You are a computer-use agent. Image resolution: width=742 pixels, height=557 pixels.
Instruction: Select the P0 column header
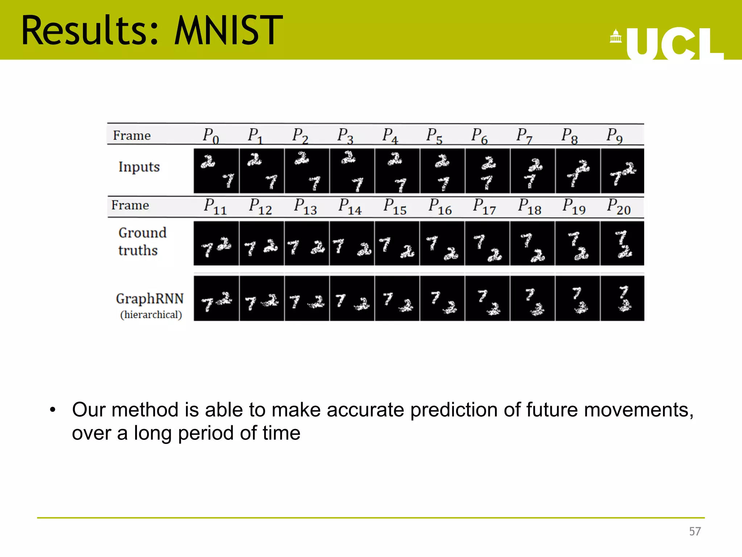pos(210,136)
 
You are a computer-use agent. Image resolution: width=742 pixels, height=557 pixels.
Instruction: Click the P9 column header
pos(614,136)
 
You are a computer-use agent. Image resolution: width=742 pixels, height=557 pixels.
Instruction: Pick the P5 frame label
pos(434,136)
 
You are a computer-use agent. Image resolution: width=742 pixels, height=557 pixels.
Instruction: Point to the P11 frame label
pos(215,206)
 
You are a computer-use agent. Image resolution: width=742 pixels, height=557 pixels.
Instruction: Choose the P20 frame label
pos(619,206)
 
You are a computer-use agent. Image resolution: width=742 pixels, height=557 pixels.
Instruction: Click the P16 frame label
pos(440,206)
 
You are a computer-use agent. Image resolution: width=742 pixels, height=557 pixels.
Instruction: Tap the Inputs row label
pos(139,167)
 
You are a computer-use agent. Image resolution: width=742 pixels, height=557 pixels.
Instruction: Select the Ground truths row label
pos(142,242)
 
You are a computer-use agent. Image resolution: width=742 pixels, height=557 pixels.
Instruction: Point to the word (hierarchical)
pos(151,315)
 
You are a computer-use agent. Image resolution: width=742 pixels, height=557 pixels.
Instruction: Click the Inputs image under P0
pos(216,171)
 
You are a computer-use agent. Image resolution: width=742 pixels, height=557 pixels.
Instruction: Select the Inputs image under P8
pos(578,171)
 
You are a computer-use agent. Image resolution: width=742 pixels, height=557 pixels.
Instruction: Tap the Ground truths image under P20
pos(622,243)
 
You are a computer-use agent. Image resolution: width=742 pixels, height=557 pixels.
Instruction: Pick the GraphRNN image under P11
pos(216,298)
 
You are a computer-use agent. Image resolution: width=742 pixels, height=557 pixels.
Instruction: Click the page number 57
pos(695,532)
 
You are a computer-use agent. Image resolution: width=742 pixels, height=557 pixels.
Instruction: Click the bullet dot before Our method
pos(53,410)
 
